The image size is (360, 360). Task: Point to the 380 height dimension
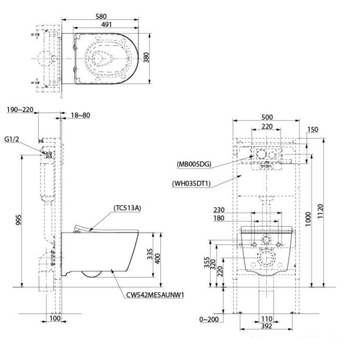pos(153,58)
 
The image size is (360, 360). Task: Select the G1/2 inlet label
pos(12,139)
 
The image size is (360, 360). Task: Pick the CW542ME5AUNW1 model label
pos(156,294)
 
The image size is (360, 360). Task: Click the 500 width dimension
pos(267,117)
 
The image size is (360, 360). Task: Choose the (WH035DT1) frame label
pos(192,183)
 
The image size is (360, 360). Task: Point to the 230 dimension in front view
pos(219,210)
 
